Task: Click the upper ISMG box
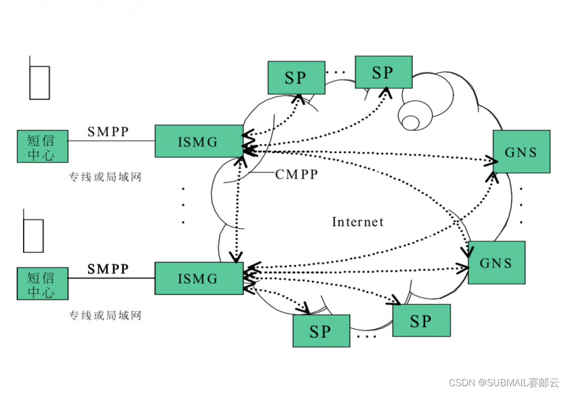tap(198, 141)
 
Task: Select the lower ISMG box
tap(198, 278)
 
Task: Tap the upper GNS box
tap(521, 151)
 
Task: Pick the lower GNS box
tap(496, 262)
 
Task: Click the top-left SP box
tap(296, 78)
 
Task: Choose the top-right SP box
tap(383, 72)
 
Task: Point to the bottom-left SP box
tap(321, 331)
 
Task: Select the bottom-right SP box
tap(421, 320)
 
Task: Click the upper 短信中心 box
tap(42, 146)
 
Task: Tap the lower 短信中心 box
tap(42, 284)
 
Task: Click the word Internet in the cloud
tap(358, 222)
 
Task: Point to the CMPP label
tap(297, 174)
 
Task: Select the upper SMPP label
tap(108, 131)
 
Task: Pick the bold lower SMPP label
tap(108, 269)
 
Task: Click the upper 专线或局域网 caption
tap(105, 177)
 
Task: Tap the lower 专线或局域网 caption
tap(105, 315)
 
